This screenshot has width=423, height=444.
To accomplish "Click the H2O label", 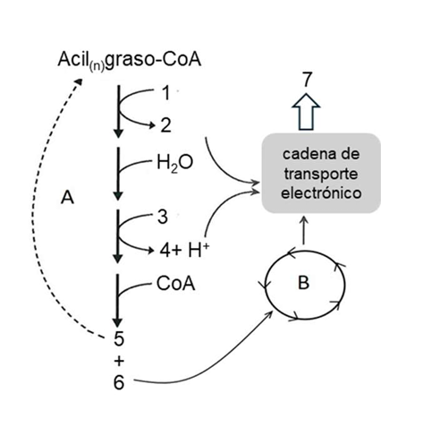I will pyautogui.click(x=173, y=165).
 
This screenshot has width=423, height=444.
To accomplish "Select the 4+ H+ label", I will pyautogui.click(x=184, y=248).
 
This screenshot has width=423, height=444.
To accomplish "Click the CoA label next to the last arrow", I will pyautogui.click(x=174, y=286).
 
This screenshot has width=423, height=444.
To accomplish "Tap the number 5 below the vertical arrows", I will pyautogui.click(x=117, y=339).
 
